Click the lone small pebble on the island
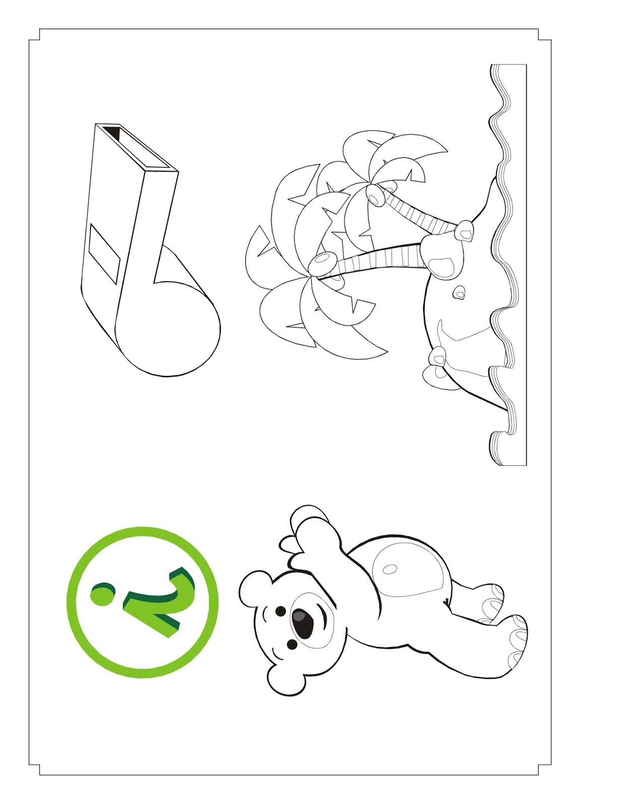pyautogui.click(x=459, y=292)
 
